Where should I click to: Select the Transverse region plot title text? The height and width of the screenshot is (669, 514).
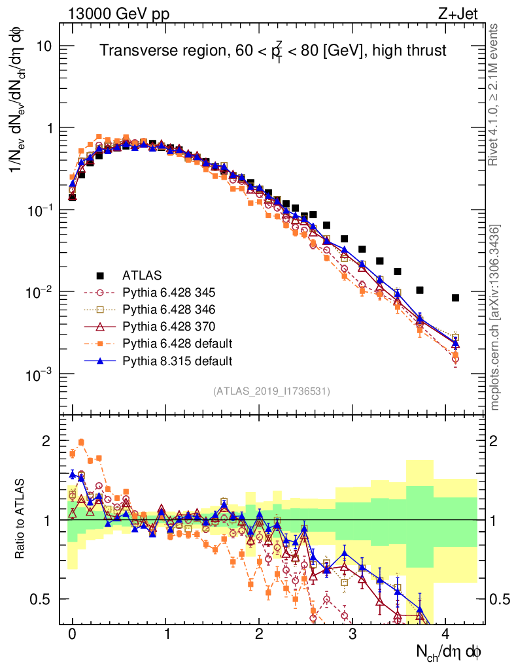point(273,50)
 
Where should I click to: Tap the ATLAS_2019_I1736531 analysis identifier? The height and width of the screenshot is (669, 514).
point(271,391)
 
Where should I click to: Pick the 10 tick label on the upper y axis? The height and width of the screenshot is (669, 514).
point(44,46)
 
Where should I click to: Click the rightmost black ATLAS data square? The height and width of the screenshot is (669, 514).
point(455,298)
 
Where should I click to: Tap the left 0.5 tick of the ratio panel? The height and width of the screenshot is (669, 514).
point(42,599)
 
